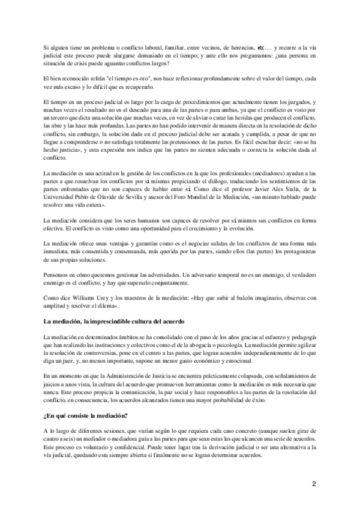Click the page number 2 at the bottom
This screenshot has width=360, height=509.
pos(314,483)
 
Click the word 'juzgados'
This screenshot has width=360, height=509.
pos(297,104)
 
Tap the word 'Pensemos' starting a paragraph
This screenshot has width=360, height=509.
pos(58,273)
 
